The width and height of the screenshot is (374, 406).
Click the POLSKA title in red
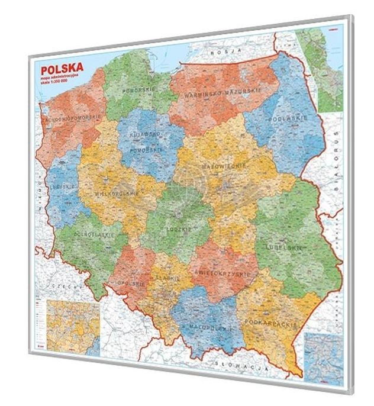click(x=61, y=64)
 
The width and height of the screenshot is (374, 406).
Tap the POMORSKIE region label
click(x=137, y=90)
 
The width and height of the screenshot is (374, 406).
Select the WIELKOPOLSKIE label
click(x=117, y=194)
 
